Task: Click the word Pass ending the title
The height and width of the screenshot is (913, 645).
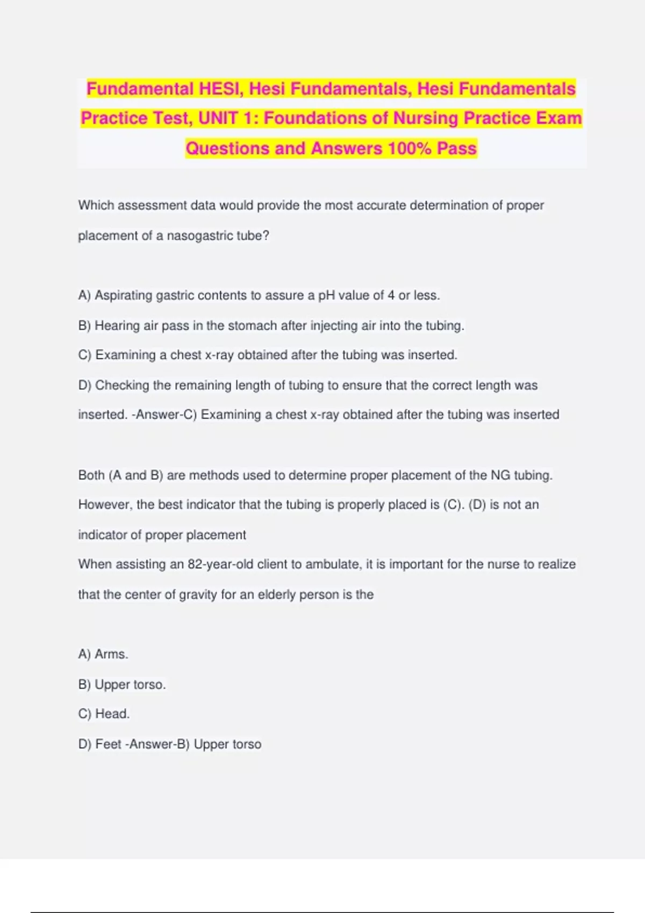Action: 457,148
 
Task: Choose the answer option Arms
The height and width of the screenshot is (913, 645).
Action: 111,654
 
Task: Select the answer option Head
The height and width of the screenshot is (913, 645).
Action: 112,714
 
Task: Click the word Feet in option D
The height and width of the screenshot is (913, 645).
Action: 108,744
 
